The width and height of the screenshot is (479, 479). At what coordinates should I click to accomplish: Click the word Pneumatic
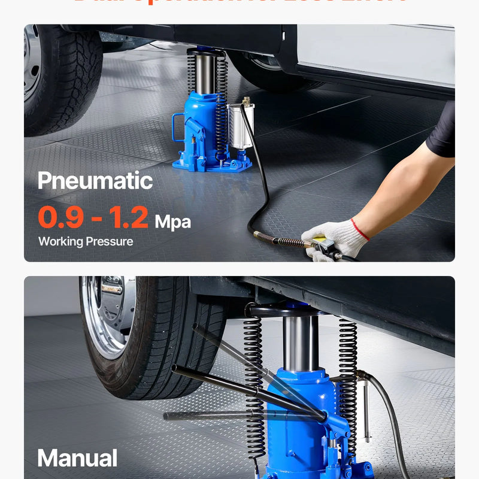95,181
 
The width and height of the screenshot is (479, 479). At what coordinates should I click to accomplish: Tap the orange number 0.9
60,218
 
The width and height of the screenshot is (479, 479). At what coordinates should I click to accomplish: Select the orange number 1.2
129,218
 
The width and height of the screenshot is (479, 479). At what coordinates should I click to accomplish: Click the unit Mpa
173,222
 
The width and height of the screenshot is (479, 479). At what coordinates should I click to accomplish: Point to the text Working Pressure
86,242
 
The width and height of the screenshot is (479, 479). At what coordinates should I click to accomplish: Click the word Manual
77,459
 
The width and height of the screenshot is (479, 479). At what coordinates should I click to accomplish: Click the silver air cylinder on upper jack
241,126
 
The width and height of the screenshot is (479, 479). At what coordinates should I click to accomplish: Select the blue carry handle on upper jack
178,128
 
